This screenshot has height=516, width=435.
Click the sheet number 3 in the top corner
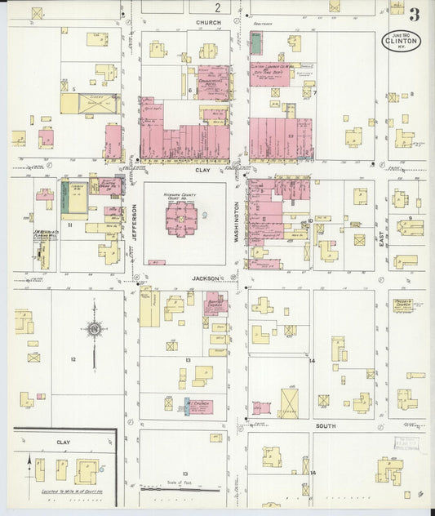(415, 14)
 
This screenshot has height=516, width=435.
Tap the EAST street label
(380, 236)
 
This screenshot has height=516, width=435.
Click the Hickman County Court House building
(181, 219)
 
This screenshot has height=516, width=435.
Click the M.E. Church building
(198, 405)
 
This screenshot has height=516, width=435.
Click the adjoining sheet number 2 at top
(206, 7)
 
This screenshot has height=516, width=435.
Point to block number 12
(73, 359)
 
